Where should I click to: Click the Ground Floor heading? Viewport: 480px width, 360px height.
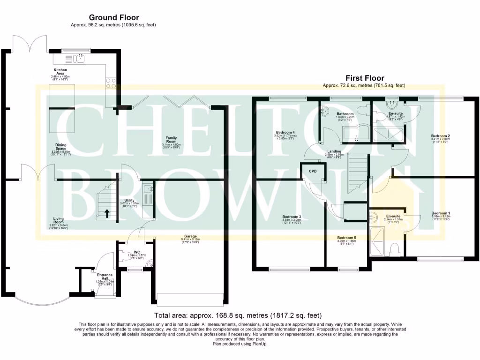click(114, 18)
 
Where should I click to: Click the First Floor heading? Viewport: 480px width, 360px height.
click(365, 78)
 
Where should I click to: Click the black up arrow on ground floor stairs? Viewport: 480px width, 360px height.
click(107, 213)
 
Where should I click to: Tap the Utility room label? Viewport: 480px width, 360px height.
click(129, 200)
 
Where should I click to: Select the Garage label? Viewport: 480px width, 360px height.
click(190, 236)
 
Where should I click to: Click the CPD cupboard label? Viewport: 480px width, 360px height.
click(313, 172)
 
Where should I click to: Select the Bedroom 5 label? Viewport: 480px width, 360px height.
click(346, 238)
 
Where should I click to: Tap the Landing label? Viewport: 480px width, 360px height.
click(334, 151)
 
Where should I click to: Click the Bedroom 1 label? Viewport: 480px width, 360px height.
click(441, 213)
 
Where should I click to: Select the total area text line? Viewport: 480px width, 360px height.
click(238, 315)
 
